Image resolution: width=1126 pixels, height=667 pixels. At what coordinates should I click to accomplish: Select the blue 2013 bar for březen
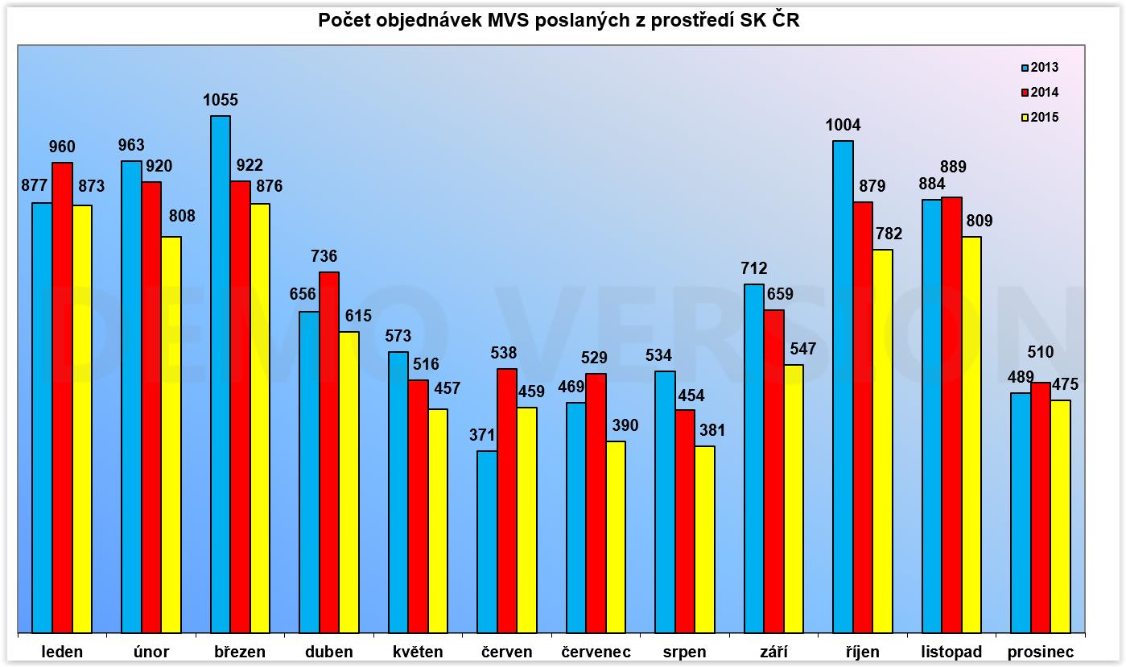click(x=220, y=375)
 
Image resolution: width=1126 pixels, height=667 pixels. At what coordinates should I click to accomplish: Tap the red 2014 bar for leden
click(x=62, y=398)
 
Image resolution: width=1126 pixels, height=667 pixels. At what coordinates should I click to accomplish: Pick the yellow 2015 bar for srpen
click(x=704, y=540)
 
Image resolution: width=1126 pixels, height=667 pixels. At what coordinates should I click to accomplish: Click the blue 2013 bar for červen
click(x=487, y=542)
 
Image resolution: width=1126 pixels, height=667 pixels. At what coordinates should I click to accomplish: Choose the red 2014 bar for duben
click(x=329, y=453)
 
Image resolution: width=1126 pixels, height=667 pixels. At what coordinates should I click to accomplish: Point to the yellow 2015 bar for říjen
click(x=882, y=441)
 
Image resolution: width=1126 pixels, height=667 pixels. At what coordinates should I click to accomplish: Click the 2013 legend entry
click(x=1040, y=68)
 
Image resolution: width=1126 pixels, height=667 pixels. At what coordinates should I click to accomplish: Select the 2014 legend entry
click(x=1040, y=93)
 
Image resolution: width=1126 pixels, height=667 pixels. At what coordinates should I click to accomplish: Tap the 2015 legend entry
click(x=1040, y=118)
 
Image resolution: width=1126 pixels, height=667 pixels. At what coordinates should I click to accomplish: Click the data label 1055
click(x=221, y=101)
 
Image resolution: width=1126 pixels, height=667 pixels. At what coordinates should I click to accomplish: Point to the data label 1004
click(x=843, y=126)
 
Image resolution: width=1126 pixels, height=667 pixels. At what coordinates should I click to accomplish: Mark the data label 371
click(x=486, y=436)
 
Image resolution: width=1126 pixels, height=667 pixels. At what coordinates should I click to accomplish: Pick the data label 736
click(x=329, y=257)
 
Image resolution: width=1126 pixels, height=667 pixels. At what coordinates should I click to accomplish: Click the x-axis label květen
click(x=418, y=652)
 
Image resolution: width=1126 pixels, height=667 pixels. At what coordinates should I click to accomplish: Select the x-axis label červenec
click(x=596, y=652)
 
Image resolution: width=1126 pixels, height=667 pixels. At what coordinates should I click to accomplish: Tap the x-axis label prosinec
click(x=1040, y=652)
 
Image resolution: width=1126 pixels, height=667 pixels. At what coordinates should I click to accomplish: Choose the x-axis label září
click(x=773, y=652)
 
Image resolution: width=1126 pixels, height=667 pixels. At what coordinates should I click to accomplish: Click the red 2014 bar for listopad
click(x=951, y=415)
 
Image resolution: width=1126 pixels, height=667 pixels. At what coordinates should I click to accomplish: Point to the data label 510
click(x=1041, y=354)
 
